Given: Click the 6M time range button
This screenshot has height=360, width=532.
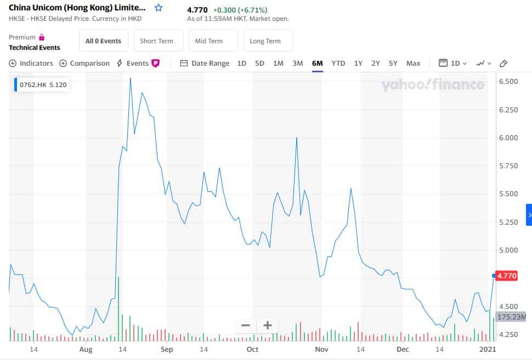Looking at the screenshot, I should pos(317,63).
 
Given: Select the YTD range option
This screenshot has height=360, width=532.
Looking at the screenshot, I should pos(338,63).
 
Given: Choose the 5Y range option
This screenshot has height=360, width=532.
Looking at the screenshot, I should pos(393,63).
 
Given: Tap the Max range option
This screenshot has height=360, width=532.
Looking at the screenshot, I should pos(413,63).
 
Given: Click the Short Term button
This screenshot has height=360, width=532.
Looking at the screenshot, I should pos(156,41).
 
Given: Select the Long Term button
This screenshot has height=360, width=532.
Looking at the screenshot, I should pos(265,41).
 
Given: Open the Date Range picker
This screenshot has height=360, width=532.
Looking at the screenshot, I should pos(205,63).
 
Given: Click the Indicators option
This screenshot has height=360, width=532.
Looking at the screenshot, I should pos(31,63).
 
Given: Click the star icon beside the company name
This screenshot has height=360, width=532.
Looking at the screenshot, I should pos(159,8).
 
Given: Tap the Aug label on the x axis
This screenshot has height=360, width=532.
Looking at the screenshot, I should pos(86,349).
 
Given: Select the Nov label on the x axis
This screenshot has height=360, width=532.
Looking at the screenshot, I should pos(321,349).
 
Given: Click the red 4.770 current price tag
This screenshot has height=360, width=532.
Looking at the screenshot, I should pos(506,276).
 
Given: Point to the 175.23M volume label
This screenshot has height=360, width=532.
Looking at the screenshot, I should pos(511,317).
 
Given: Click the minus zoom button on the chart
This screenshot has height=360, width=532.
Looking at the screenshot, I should pos(246,325).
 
